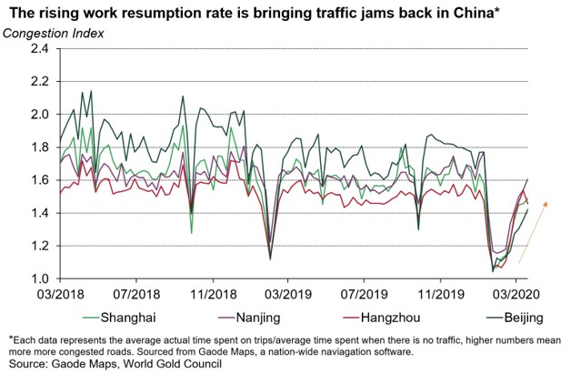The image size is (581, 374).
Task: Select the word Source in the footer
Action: [x=26, y=364]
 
